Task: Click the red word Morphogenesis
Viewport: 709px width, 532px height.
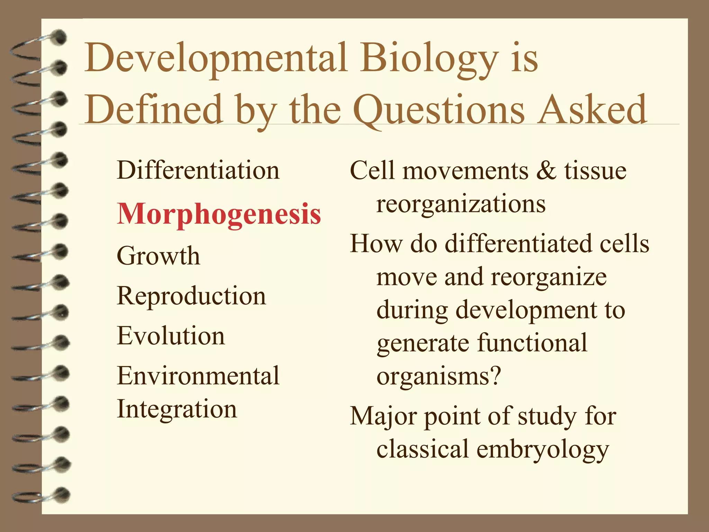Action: point(219,214)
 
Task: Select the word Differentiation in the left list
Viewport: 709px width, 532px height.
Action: point(198,170)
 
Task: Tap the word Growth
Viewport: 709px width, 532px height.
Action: point(158,256)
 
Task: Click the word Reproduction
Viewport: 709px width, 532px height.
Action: point(191,296)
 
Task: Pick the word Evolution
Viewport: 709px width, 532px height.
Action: point(171,336)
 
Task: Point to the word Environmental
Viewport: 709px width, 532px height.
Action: point(198,376)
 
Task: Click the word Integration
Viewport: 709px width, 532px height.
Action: point(177,409)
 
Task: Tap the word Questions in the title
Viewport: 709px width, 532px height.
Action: point(439,110)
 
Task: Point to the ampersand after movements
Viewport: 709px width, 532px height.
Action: point(546,171)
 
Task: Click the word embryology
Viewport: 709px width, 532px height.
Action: point(542,449)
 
